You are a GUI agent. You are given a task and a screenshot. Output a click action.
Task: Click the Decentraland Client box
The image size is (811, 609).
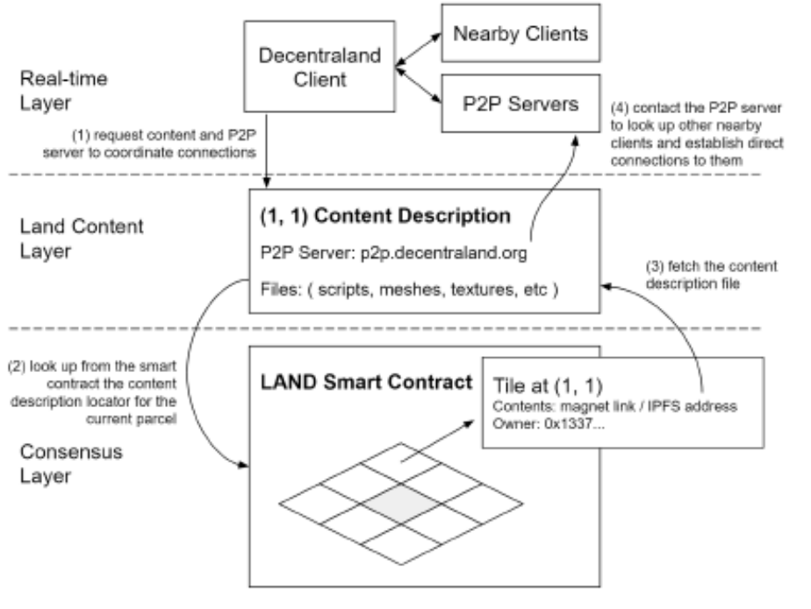coord(319,67)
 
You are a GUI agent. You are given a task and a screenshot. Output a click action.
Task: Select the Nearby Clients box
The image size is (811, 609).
coord(520,33)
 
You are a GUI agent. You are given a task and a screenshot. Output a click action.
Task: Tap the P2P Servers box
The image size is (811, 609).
coord(520,104)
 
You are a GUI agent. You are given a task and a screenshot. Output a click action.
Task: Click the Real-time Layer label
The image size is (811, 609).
coord(63,90)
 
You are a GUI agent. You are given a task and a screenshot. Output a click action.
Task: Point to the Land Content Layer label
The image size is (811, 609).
coord(82,239)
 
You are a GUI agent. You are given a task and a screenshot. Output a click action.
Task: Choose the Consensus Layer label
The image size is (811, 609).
coord(71,463)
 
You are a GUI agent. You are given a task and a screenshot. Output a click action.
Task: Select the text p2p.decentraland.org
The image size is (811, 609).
coord(444,254)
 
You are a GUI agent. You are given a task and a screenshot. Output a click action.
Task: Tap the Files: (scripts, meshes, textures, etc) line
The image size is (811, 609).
coord(409,290)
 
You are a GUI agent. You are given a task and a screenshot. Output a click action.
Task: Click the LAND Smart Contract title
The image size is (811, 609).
coord(366,382)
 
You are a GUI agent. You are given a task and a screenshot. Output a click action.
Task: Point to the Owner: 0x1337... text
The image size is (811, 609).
coord(549,424)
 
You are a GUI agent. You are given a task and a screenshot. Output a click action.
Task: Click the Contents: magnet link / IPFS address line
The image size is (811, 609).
coord(614,406)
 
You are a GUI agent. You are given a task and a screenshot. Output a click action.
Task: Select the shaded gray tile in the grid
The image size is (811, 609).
coord(401,504)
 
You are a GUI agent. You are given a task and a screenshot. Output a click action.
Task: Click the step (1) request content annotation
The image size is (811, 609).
coord(150,144)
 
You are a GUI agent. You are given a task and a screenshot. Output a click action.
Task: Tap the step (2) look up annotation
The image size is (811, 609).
coord(93,392)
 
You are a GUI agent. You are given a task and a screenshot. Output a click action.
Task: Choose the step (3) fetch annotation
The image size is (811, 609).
coord(711,275)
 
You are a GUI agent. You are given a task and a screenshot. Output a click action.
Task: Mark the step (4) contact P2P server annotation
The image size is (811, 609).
coord(697,134)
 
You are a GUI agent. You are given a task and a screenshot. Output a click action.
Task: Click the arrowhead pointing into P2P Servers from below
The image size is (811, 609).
coord(575,140)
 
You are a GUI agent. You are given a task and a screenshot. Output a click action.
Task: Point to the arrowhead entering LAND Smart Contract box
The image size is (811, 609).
coord(243,465)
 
